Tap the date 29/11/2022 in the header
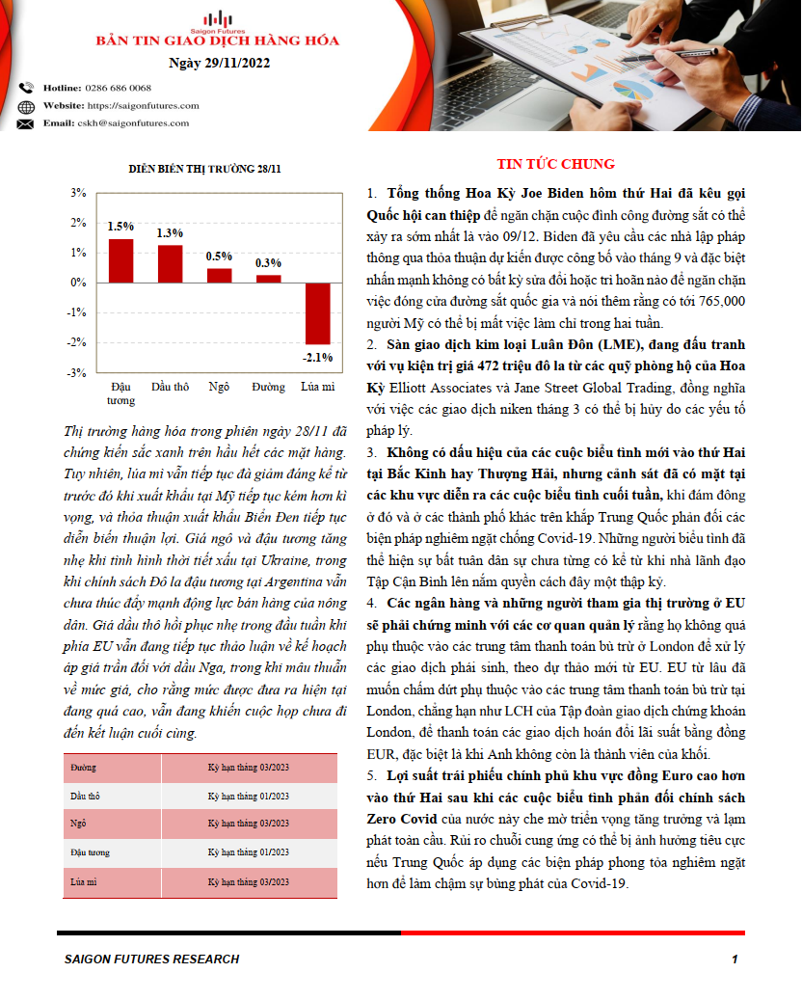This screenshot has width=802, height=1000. [x=219, y=64]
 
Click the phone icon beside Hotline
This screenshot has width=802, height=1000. [x=25, y=88]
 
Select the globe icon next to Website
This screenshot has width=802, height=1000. [x=25, y=106]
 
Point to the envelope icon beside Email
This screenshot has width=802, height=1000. [x=25, y=123]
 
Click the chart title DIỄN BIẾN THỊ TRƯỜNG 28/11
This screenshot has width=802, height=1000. [x=205, y=169]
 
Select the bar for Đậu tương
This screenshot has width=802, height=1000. [x=120, y=260]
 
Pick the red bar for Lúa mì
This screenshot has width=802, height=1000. [x=317, y=313]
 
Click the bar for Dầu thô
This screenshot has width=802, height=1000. [x=170, y=263]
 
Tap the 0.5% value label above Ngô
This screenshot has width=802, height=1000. [x=220, y=257]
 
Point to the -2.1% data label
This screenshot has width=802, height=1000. [x=317, y=357]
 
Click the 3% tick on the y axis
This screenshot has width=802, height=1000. [x=79, y=193]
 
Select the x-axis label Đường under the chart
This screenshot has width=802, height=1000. [x=268, y=387]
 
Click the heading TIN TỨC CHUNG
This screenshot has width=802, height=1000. [x=555, y=164]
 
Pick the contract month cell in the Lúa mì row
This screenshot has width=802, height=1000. [x=249, y=881]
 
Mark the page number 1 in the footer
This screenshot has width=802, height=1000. [x=735, y=959]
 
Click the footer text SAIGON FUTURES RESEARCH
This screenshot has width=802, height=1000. [x=151, y=959]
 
